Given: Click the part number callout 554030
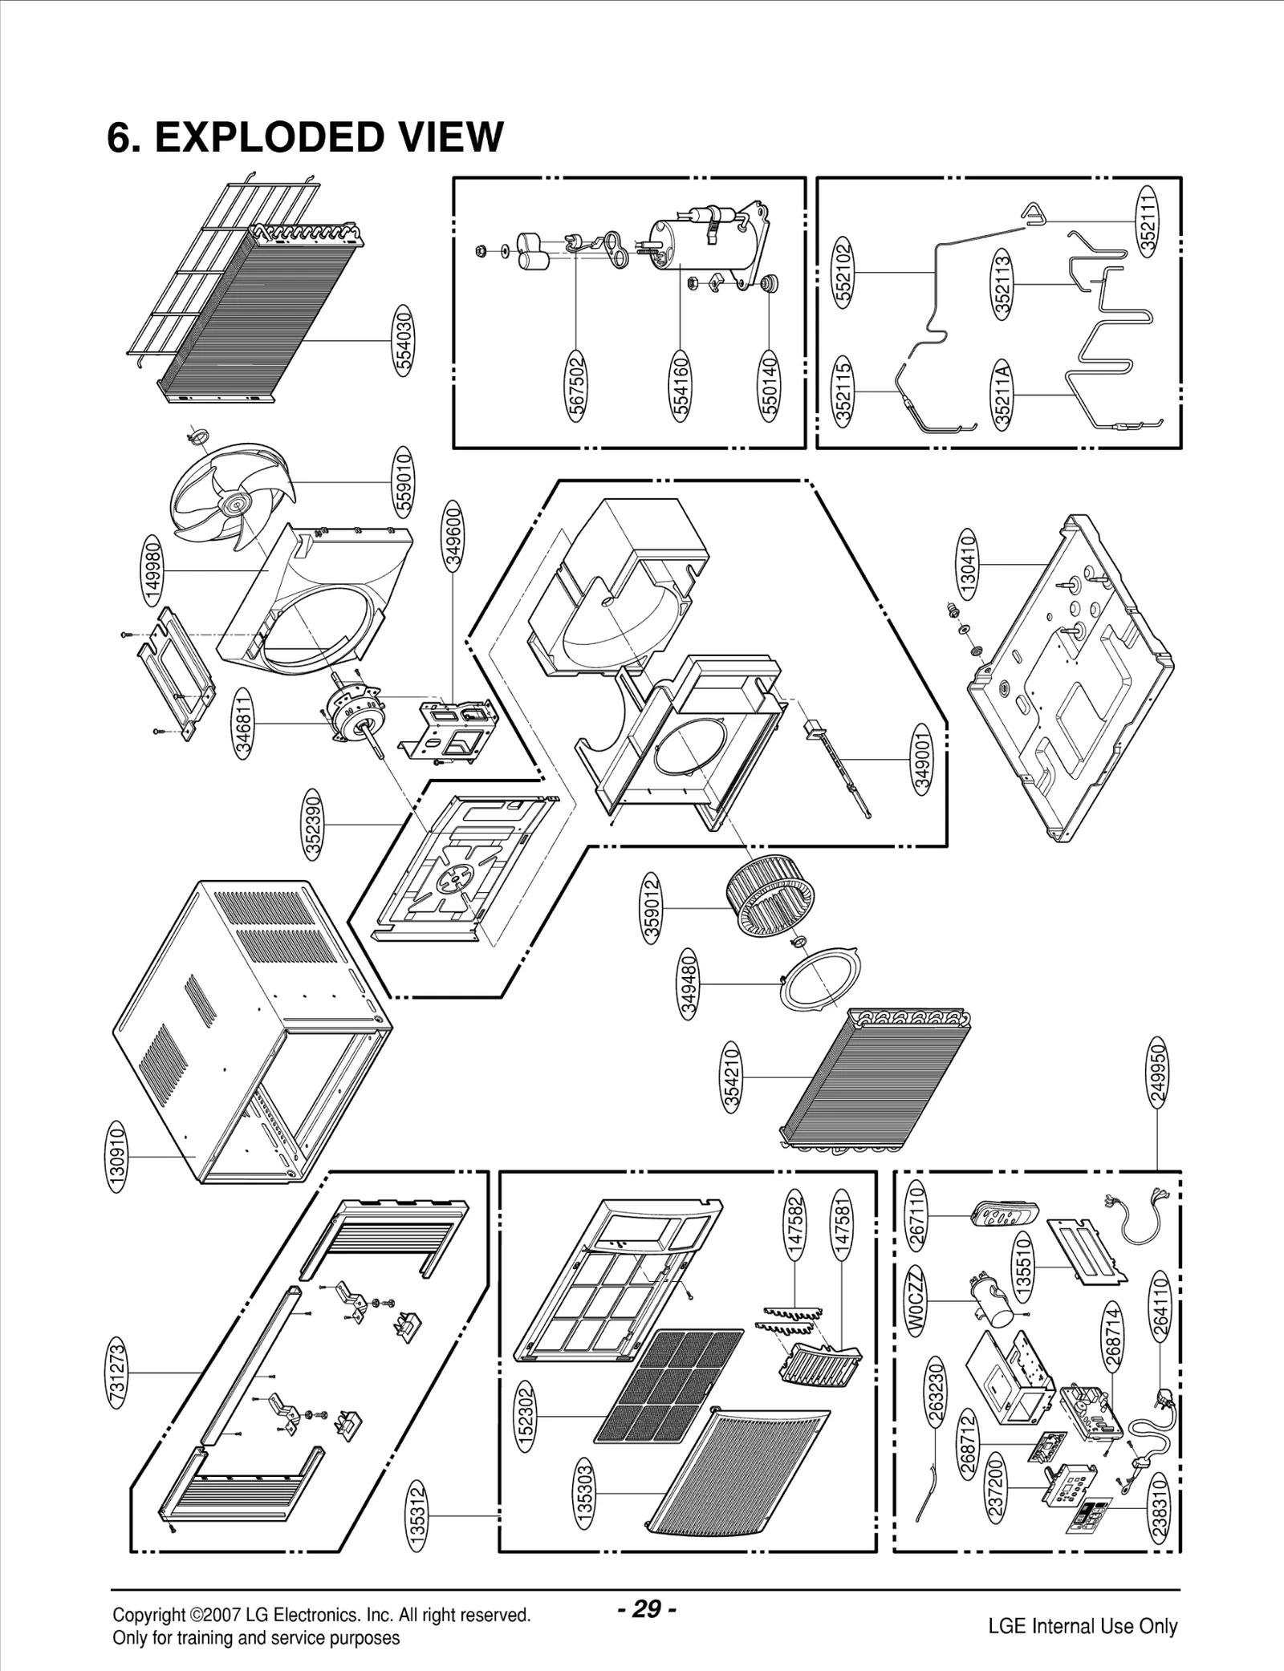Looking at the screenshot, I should click(x=404, y=340).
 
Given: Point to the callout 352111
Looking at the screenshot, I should click(x=1148, y=221).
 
